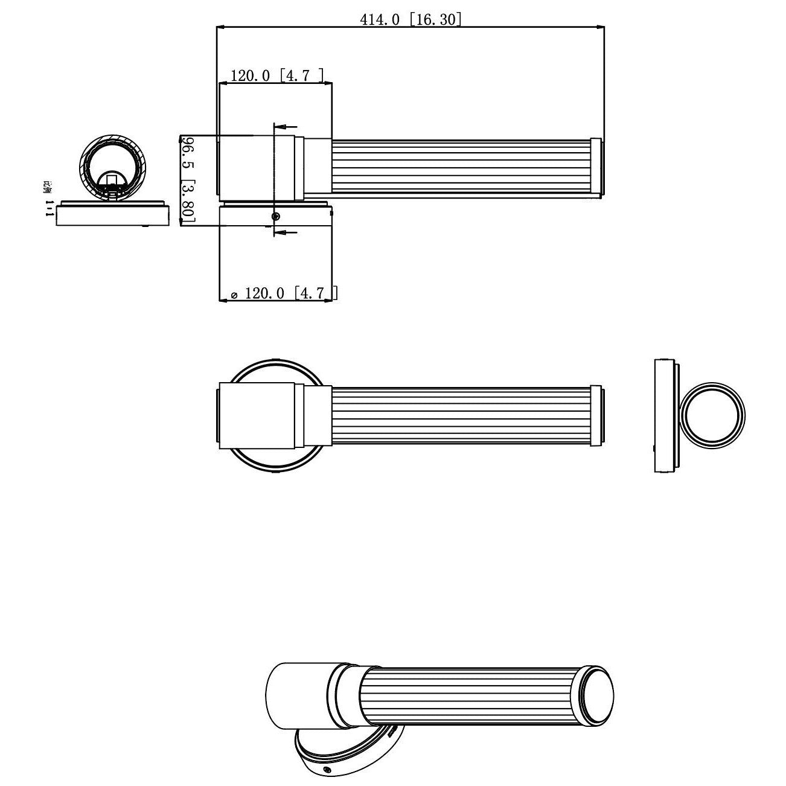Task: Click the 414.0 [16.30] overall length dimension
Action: pyautogui.click(x=411, y=20)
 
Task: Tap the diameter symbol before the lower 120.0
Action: pyautogui.click(x=234, y=295)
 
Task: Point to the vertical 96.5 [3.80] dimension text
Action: pyautogui.click(x=188, y=179)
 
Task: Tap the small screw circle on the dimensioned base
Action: pyautogui.click(x=276, y=217)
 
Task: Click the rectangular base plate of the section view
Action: pyautogui.click(x=112, y=216)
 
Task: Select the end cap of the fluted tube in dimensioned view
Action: pyautogui.click(x=596, y=168)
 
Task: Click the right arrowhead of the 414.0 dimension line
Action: pyautogui.click(x=600, y=27)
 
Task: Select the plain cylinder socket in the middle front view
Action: pyautogui.click(x=256, y=415)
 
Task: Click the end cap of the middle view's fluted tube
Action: pyautogui.click(x=595, y=415)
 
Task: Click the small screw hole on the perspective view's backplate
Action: pyautogui.click(x=327, y=769)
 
